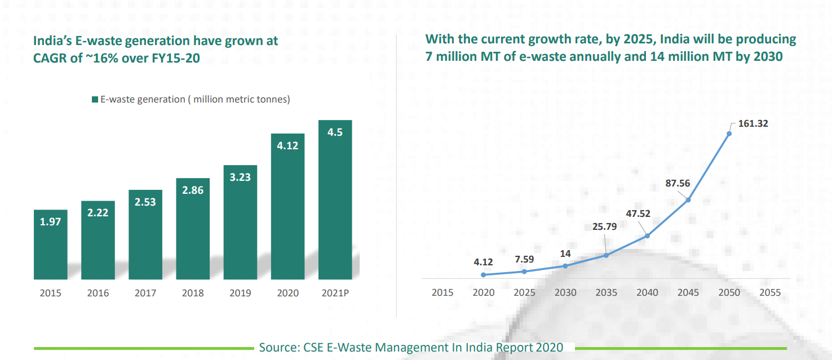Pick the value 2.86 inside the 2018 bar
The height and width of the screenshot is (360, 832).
(193, 190)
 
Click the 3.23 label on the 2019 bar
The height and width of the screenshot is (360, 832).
(240, 176)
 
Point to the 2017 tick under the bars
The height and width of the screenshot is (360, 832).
(145, 293)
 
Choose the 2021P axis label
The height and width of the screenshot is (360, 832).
(335, 293)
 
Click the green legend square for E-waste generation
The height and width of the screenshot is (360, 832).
(95, 100)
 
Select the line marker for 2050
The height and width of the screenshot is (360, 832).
(729, 134)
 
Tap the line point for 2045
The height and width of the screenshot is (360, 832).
(688, 199)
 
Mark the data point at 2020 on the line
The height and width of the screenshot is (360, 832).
(484, 275)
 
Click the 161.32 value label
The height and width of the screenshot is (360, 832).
(753, 123)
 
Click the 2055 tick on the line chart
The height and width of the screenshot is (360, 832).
(770, 292)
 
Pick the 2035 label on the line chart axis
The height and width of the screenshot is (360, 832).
(607, 292)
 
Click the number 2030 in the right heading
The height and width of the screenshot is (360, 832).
(767, 57)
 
